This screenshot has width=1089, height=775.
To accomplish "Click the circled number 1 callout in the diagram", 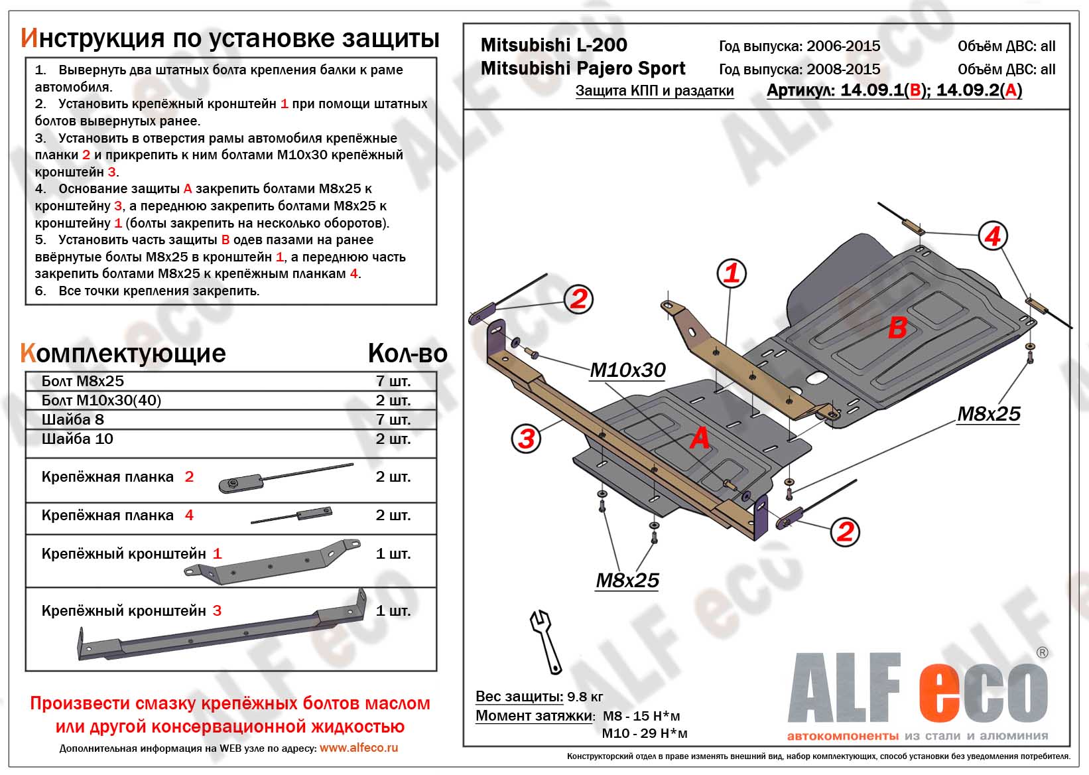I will point(732,273).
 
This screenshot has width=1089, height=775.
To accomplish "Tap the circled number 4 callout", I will point(992,236).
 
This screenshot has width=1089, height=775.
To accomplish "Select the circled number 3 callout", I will point(527,439).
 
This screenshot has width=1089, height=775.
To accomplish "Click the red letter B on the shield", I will point(897,328).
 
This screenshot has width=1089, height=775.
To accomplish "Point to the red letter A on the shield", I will point(700,439).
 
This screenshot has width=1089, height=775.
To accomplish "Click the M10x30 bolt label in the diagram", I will point(627,370).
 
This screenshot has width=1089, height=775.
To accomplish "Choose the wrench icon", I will point(546,641).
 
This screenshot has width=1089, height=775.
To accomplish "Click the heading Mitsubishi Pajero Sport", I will point(583,68).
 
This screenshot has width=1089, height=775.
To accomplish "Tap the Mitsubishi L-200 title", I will point(554,45).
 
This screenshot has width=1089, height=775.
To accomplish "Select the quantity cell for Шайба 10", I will point(393,439).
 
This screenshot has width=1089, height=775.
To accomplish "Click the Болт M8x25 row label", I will point(83,381).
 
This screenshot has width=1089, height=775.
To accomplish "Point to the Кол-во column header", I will point(407,354).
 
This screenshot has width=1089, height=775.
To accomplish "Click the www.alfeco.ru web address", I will point(359,748).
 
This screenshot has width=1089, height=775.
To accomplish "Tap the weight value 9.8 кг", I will point(585,697).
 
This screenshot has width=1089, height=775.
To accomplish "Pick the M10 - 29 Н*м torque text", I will point(644,733).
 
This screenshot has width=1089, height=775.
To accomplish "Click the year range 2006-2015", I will point(843,46).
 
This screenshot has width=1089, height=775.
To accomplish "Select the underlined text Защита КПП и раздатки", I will point(655,91).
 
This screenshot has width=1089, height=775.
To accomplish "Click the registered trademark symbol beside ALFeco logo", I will point(1042,653).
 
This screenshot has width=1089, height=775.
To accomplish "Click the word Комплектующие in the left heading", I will point(123,354).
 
